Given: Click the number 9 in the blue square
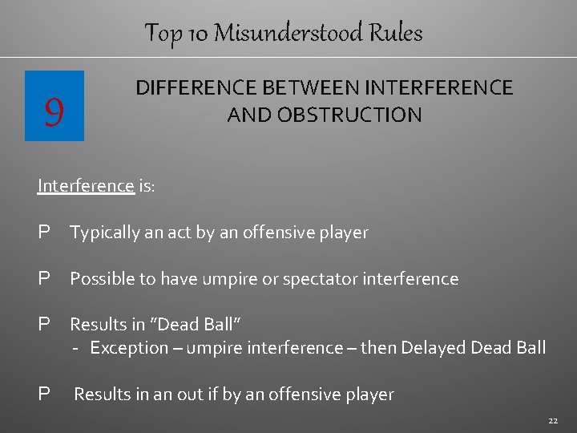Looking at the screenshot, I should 54,107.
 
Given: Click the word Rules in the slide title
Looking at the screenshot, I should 396,33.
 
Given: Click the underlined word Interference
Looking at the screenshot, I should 86,186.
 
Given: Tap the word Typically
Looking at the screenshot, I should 102,233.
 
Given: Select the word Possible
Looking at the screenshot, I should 102,279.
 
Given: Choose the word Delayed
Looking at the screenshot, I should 434,348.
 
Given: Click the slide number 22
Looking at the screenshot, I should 553,420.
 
